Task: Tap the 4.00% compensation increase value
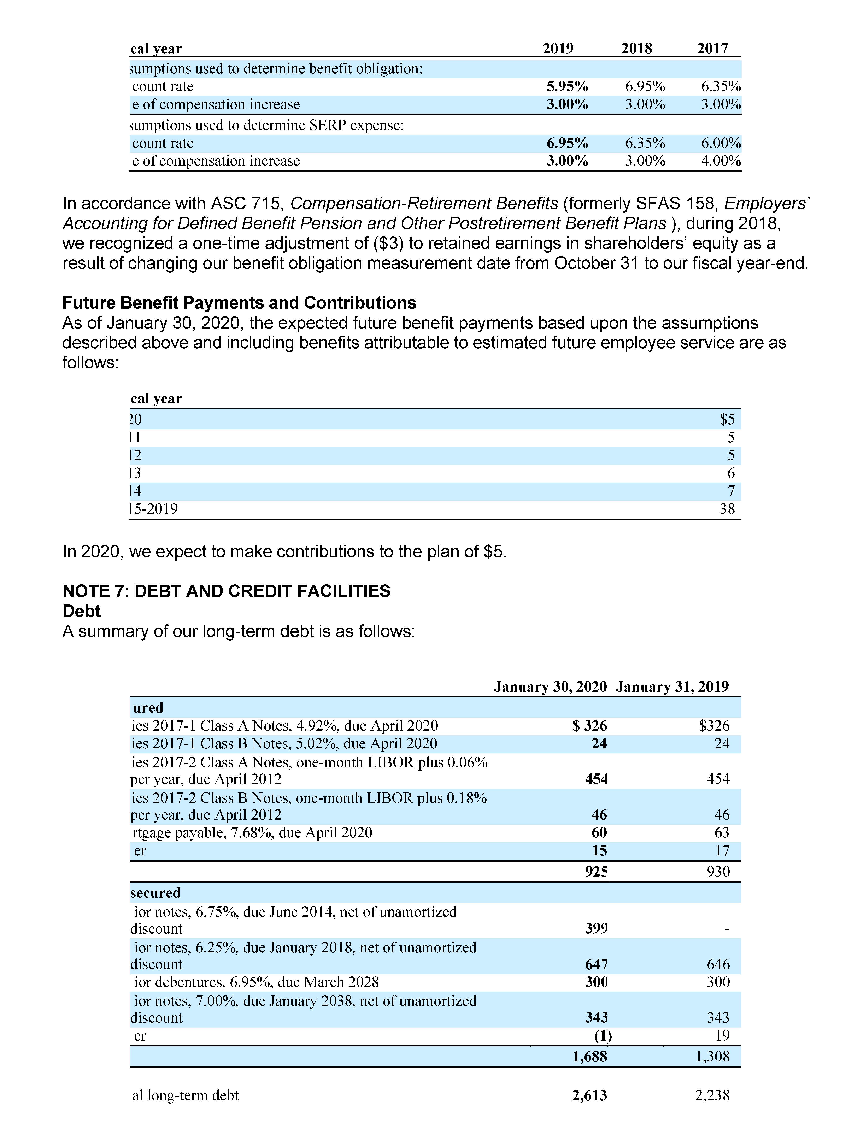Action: point(721,161)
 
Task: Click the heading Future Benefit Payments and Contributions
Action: point(239,303)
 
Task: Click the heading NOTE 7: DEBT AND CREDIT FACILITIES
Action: point(226,591)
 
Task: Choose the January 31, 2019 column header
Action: point(672,687)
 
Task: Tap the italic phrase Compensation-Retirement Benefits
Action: point(424,204)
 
